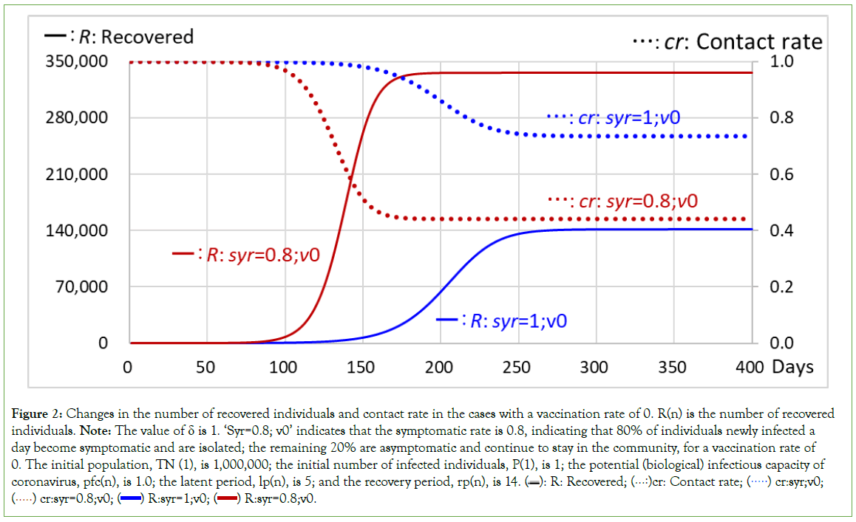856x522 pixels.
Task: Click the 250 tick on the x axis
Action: [516, 367]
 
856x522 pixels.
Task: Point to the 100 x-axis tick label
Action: [283, 367]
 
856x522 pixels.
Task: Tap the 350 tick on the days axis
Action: [672, 367]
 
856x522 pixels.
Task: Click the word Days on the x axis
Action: [792, 367]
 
